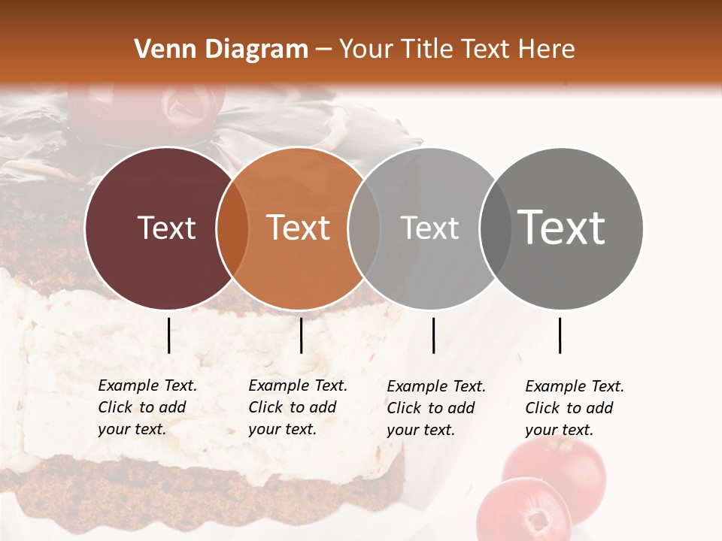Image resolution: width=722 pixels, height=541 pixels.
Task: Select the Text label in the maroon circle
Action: [x=166, y=228]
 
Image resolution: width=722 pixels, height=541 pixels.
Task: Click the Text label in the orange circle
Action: [x=298, y=228]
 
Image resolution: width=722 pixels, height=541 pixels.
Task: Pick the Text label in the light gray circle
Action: [x=429, y=228]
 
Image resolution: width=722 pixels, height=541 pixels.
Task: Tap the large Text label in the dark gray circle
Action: [x=561, y=228]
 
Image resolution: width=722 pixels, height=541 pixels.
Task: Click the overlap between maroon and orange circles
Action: [x=232, y=228]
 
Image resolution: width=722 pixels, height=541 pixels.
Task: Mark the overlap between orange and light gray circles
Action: [x=364, y=228]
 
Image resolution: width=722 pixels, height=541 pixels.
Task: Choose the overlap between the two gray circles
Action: [x=496, y=228]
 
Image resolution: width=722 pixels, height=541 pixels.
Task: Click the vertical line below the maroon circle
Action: [x=168, y=335]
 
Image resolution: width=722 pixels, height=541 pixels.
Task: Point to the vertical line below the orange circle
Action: [x=301, y=335]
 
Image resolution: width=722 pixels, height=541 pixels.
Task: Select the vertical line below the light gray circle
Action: [x=433, y=335]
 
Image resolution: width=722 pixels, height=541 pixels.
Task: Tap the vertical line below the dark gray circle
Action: [x=560, y=335]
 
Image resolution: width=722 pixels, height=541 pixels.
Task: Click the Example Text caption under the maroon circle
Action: [x=147, y=407]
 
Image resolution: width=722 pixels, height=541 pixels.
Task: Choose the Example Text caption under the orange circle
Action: [x=297, y=407]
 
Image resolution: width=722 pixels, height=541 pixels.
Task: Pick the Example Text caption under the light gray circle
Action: [x=435, y=408]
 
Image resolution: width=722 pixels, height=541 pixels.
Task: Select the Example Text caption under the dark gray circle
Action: [x=574, y=408]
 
